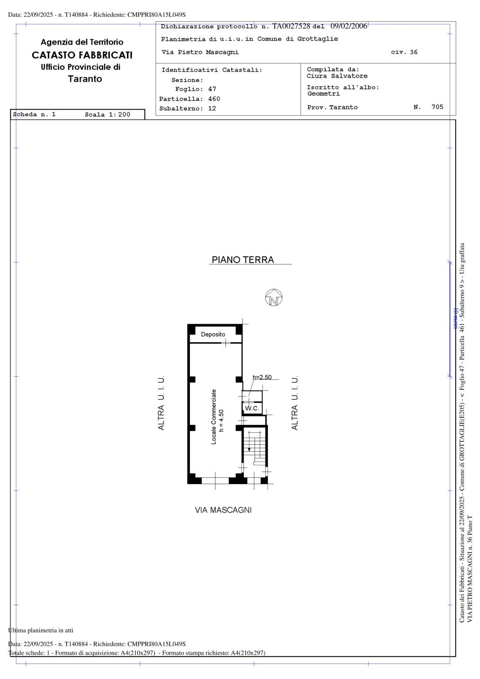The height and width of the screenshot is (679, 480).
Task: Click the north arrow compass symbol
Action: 273,298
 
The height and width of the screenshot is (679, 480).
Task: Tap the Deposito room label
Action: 213,334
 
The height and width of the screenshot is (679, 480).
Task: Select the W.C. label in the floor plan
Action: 252,408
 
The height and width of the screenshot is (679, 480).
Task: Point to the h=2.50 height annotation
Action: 262,377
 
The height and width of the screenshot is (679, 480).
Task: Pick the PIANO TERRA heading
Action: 243,260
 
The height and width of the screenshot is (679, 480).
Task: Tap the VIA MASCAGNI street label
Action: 223,510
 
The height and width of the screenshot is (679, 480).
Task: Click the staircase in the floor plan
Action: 255,447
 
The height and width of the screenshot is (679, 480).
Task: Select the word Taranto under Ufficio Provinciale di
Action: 85,79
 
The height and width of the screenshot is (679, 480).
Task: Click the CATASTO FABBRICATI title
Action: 82,55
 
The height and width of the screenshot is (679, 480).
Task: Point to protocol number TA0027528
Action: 291,26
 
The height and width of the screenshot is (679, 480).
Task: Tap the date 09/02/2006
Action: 349,26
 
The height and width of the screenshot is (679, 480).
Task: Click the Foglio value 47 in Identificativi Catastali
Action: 212,89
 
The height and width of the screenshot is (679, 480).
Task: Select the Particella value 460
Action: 214,99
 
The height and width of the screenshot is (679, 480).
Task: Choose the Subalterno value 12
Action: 212,108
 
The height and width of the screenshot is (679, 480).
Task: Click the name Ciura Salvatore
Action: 337,76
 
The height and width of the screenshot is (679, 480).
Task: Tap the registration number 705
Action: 437,107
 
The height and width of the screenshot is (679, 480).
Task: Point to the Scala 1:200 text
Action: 107,114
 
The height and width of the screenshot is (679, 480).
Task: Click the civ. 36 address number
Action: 404,52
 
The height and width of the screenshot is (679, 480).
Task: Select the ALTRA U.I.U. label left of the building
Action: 161,403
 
